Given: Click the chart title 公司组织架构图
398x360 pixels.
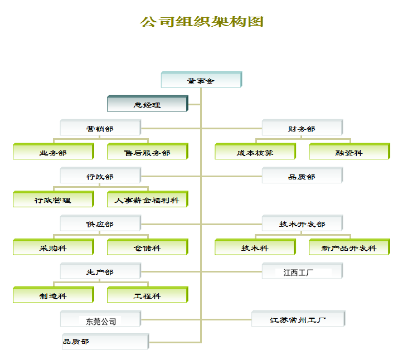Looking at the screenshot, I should point(201,22).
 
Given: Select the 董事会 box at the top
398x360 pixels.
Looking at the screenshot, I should point(201,80).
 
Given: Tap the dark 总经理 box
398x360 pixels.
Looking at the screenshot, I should point(147,104).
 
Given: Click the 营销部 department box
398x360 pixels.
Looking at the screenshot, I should point(100,128).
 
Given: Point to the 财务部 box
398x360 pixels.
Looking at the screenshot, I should point(302,128).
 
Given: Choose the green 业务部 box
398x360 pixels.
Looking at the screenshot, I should point(53,152).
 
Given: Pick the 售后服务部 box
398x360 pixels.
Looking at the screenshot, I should point(147,152).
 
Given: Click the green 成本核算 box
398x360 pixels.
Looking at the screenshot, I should point(255,152).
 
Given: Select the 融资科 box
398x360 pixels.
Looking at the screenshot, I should point(349,152).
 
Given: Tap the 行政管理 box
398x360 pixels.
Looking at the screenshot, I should point(53,200).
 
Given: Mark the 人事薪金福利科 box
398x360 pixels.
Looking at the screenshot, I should point(147,200).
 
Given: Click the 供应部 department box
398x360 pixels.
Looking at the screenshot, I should point(100,223).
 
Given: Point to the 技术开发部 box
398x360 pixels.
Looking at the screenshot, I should point(302,223).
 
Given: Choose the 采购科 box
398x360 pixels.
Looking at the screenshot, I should point(53,247).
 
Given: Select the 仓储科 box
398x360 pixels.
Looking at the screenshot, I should point(147,247).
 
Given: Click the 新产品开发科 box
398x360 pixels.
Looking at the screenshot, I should point(349,247).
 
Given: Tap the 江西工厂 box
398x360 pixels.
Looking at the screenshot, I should point(302,272).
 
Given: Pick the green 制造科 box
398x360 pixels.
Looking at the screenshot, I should point(53,295).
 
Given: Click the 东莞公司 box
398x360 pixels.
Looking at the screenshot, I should point(100,320).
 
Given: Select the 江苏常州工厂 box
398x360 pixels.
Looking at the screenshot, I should point(298,319).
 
